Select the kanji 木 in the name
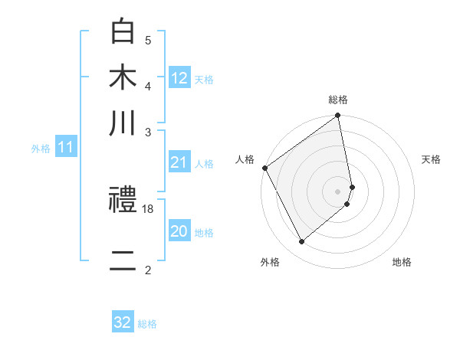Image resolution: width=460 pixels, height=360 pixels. pos(123,79)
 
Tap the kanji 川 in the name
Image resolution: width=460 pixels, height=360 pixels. pos(123,123)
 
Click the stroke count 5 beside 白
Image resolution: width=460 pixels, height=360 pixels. pos(148,40)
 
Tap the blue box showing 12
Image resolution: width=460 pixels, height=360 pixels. pos(179,79)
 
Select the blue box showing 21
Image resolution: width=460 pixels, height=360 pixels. pos(179,162)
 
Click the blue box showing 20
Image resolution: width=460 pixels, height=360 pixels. pos(179,231)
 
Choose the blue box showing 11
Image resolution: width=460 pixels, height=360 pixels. pos(65,147)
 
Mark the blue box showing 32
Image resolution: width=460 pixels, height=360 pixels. pos(123,322)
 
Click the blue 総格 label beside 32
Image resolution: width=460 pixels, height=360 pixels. pos(147,324)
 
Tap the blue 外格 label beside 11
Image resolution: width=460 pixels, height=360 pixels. pos(41,149)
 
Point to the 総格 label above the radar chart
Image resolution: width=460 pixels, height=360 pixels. pos(338,100)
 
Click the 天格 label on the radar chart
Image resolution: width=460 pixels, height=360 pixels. pos(432,159)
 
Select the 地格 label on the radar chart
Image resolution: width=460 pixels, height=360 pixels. pos(402,262)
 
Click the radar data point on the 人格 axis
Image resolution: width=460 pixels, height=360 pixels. pos(264,168)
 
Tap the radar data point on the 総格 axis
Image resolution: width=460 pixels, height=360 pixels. pos(338,116)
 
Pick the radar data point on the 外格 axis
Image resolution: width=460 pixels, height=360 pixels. pos(301,241)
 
